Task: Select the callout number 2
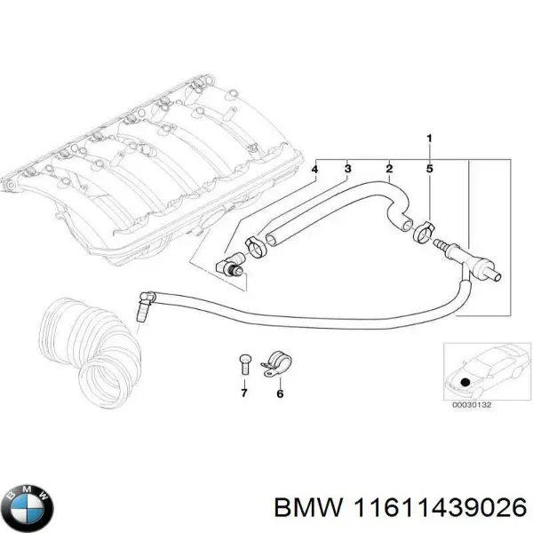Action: coord(388,168)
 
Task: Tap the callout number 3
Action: coord(347,168)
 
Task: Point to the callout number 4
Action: coord(314,168)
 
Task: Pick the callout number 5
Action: coord(429,168)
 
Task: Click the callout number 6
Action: coord(279,394)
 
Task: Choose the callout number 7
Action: coord(244,394)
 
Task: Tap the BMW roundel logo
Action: coord(28,506)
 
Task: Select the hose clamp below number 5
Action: coord(425,234)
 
